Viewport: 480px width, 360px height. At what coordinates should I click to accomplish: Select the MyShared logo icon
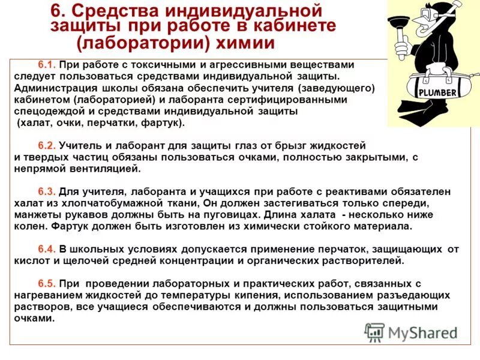[375, 332]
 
